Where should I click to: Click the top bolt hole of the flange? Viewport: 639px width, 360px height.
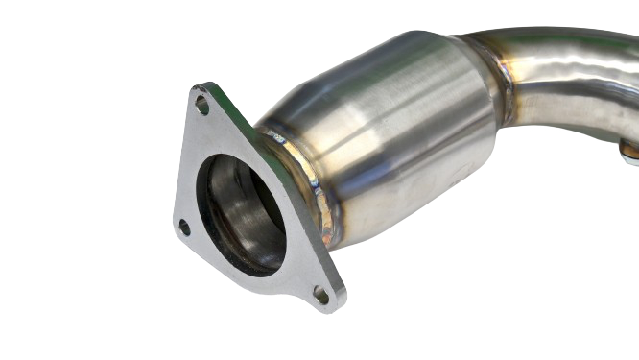tap(202, 103)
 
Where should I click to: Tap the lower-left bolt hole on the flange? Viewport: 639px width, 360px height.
tap(184, 227)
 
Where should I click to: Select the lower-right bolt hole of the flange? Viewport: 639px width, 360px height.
tap(321, 296)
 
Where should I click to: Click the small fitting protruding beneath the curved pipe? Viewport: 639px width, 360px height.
tap(629, 148)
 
